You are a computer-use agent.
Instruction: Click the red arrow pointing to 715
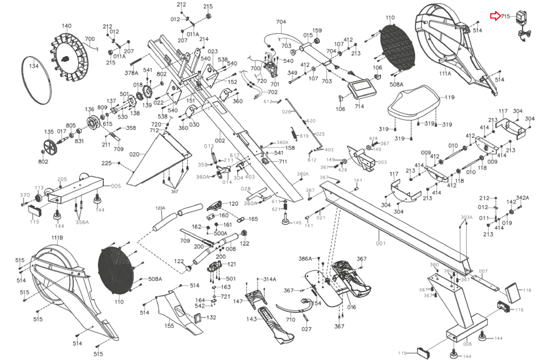point(495,16)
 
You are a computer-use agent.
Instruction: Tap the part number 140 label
point(66,26)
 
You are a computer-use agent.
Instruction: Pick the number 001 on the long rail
point(381,243)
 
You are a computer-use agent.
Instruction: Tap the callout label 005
point(116,186)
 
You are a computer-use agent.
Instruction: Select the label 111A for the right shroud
point(445,74)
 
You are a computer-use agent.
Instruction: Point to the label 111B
point(57,238)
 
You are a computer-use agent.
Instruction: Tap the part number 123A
point(160,208)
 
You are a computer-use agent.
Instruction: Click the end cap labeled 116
point(513,292)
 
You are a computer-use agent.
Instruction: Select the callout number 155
point(169,326)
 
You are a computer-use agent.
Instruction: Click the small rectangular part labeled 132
point(198,318)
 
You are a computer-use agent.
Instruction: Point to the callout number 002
point(220,141)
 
